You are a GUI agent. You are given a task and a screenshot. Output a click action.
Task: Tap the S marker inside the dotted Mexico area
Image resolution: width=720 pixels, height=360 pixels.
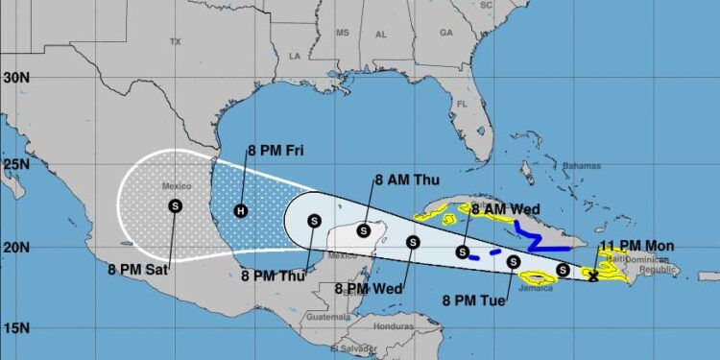tap(175, 204)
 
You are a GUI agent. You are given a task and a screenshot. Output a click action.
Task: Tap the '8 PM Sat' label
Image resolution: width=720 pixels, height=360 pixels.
tap(138, 270)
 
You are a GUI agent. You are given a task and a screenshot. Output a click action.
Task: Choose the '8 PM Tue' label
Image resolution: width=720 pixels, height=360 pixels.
tap(472, 300)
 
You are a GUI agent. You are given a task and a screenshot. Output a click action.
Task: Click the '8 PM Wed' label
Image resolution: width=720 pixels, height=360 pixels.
tap(371, 287)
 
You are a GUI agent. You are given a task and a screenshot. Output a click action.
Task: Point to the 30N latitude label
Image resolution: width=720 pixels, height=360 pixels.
tap(13, 76)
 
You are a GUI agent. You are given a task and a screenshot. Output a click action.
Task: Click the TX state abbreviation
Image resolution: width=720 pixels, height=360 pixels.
tap(175, 42)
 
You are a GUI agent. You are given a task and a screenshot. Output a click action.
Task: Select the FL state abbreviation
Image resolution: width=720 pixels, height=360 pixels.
tap(461, 104)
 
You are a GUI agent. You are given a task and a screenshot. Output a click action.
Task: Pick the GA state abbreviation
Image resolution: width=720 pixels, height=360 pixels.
tap(445, 33)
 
